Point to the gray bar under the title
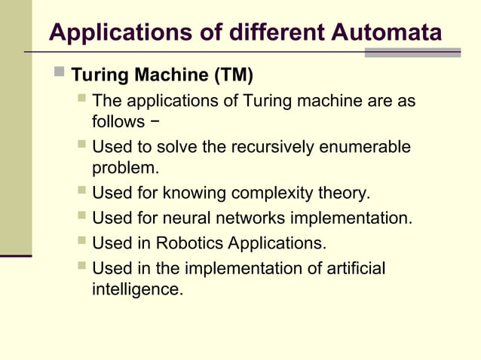pos(412,53)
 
